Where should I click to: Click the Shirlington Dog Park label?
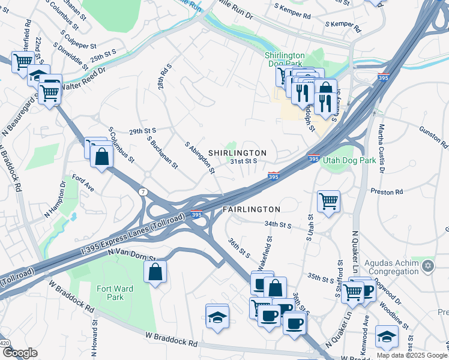pos(285,59)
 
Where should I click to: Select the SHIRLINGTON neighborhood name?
pos(237,153)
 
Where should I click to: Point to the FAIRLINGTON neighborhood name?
pos(252,209)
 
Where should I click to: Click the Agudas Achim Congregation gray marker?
pos(428,265)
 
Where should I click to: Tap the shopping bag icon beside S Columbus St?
pos(102,157)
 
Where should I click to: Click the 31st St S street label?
pos(244,161)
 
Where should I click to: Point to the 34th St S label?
pos(277,225)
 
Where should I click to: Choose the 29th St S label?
pos(142,130)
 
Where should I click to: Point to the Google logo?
pos(20,353)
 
